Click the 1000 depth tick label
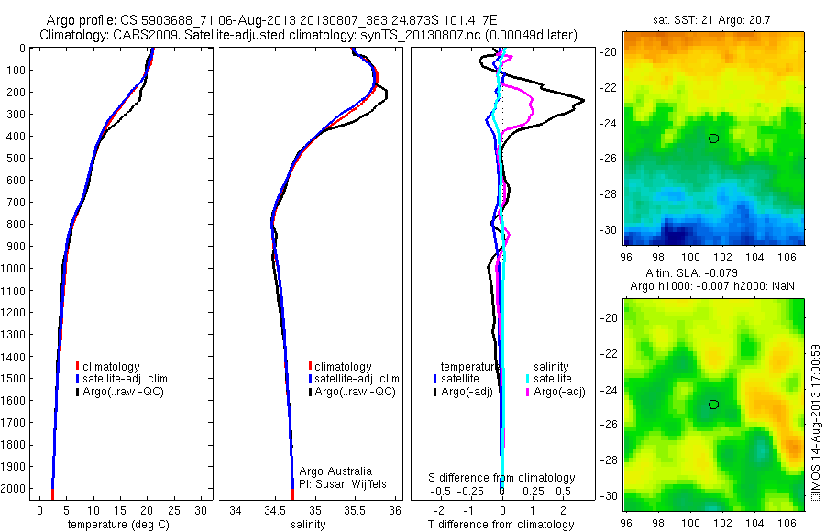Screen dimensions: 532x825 pos(16,269)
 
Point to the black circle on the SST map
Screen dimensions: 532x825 pos(713,139)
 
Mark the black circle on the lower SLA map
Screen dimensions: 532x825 pos(713,405)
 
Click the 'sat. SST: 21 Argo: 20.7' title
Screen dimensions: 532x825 pos(713,19)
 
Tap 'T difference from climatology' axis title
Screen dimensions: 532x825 pos(501,525)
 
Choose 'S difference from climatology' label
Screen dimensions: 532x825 pos(502,478)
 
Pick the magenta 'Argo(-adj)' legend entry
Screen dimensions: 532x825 pos(558,392)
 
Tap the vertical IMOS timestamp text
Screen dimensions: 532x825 pos(815,423)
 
